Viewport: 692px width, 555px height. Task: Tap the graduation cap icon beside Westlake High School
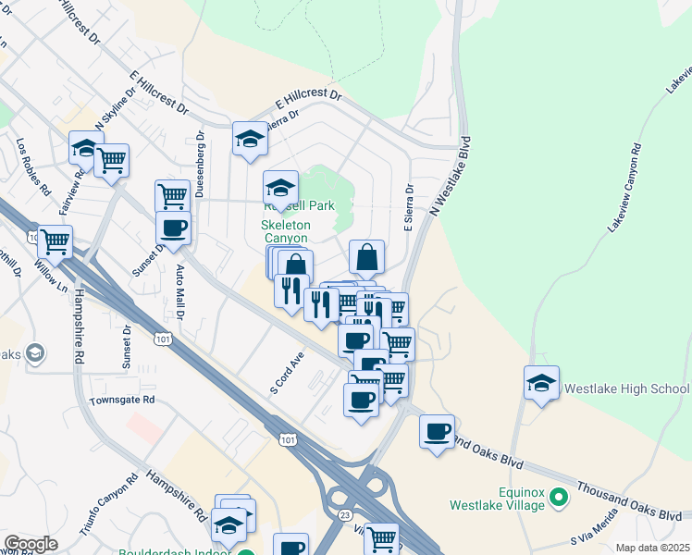click(541, 384)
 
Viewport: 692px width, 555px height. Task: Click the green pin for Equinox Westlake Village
click(558, 499)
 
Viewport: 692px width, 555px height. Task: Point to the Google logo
click(31, 544)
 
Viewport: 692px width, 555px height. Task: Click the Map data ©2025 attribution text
click(652, 548)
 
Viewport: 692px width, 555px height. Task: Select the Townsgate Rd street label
click(122, 401)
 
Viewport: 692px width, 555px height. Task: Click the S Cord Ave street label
click(287, 373)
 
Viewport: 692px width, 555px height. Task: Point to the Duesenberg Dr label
click(200, 164)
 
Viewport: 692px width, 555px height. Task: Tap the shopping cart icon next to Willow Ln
click(55, 242)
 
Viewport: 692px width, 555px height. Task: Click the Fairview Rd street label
click(67, 191)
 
